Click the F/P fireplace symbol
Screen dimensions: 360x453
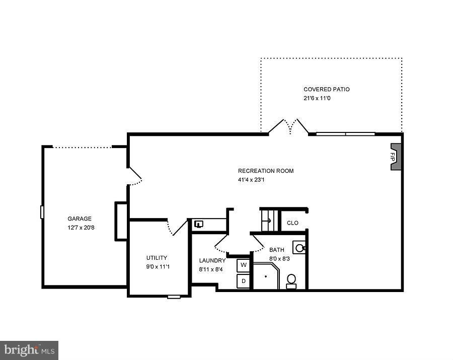(396, 157)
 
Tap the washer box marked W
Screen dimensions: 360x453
(244, 265)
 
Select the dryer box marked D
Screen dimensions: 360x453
(244, 281)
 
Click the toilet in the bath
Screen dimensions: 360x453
(291, 280)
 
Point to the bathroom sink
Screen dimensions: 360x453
(299, 248)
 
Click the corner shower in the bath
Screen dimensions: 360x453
(265, 276)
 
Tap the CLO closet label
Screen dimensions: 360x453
(292, 223)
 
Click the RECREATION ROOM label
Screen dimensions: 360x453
(266, 171)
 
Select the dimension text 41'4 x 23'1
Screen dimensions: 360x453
(251, 180)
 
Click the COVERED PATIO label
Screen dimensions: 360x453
(326, 89)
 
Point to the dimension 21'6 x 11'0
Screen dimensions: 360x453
(317, 98)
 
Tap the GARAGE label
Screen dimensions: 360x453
(80, 219)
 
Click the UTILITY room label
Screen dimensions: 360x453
(157, 258)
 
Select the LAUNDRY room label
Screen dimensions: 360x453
(212, 260)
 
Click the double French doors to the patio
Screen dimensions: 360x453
(288, 127)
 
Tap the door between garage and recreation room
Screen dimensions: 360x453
(135, 174)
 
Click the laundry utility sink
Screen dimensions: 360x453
(199, 224)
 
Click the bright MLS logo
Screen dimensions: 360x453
(29, 350)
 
